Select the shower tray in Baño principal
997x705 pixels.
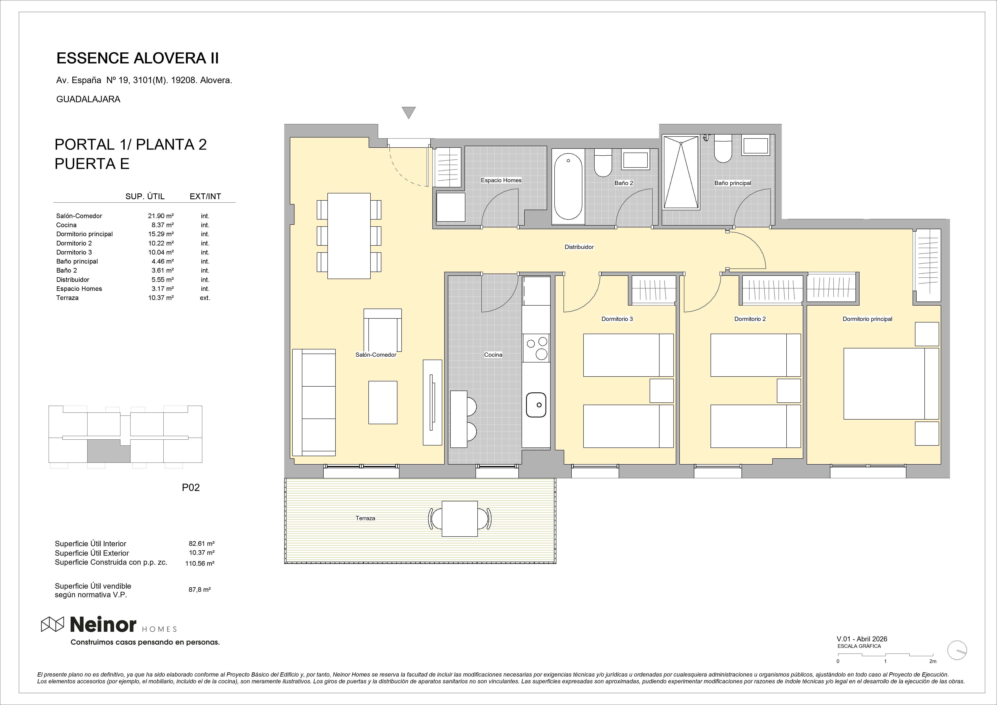(x=681, y=173)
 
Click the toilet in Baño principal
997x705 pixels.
(x=723, y=149)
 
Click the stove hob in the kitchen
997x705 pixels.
(x=536, y=348)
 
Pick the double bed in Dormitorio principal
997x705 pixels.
(x=891, y=384)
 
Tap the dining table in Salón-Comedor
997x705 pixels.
(x=349, y=236)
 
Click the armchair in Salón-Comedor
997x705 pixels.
(x=383, y=330)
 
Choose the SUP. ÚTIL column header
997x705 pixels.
(x=145, y=196)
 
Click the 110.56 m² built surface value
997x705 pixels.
(x=200, y=563)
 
